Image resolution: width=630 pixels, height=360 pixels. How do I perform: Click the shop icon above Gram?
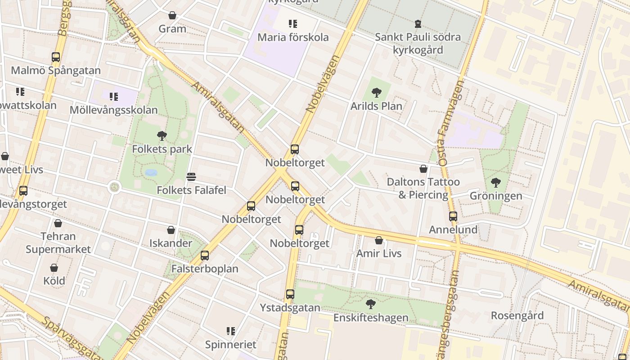click(x=172, y=15)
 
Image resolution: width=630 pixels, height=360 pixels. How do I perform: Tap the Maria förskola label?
click(x=293, y=37)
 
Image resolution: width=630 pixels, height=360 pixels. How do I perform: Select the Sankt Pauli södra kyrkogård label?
click(x=418, y=43)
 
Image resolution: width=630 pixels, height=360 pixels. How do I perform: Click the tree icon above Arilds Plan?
click(x=377, y=93)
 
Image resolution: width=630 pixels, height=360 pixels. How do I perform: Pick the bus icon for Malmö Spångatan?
click(x=56, y=57)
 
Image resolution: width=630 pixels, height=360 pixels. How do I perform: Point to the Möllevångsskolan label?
click(x=114, y=110)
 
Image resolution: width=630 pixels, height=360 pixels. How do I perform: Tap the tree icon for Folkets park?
click(x=162, y=135)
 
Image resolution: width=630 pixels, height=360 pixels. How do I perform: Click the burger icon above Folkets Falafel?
click(x=191, y=177)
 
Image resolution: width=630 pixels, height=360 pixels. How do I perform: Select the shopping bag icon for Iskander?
click(x=171, y=230)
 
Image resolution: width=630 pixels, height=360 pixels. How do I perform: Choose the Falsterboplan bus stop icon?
click(x=205, y=256)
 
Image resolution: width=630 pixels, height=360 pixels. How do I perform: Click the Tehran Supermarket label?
click(x=58, y=243)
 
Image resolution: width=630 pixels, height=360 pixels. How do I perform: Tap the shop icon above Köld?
click(x=54, y=268)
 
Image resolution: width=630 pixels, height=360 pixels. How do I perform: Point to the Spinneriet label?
click(x=231, y=345)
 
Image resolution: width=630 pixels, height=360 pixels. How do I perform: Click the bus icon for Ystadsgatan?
click(x=290, y=294)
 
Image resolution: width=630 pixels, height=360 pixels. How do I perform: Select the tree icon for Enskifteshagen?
click(x=371, y=304)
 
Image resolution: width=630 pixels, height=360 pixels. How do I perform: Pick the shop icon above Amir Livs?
click(x=379, y=240)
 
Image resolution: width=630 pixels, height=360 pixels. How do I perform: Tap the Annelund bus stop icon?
click(x=453, y=216)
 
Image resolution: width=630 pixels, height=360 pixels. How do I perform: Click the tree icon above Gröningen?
click(x=496, y=183)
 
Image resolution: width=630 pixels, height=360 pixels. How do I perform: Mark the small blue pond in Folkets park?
click(x=151, y=172)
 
